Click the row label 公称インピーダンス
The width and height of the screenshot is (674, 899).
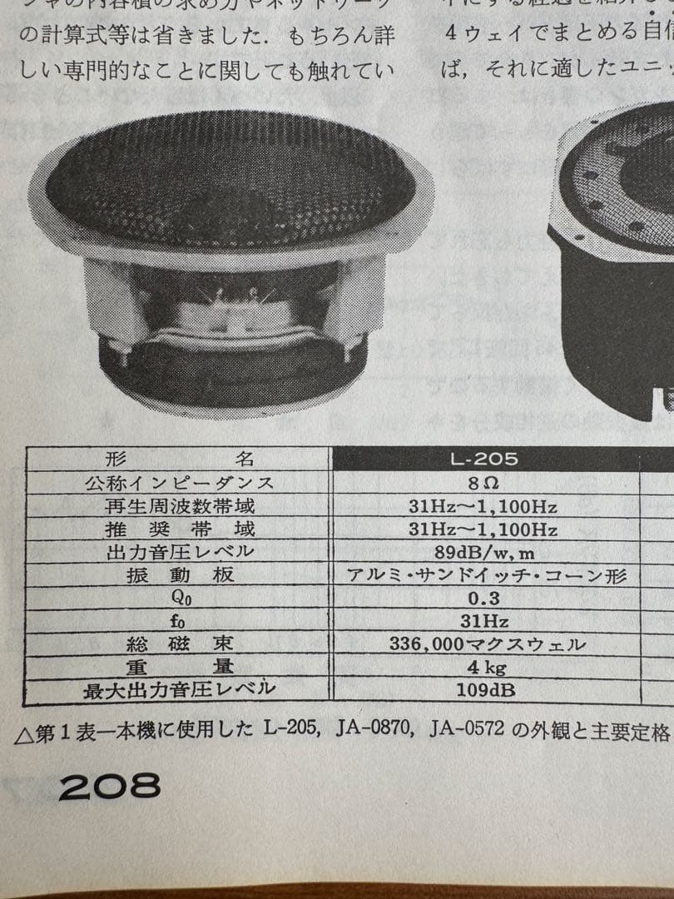(179, 483)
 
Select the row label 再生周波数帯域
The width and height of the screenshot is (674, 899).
(179, 506)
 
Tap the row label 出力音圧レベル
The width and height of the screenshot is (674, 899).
(179, 552)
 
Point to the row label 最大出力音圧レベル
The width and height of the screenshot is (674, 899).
(179, 689)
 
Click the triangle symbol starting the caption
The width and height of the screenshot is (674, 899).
(24, 733)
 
